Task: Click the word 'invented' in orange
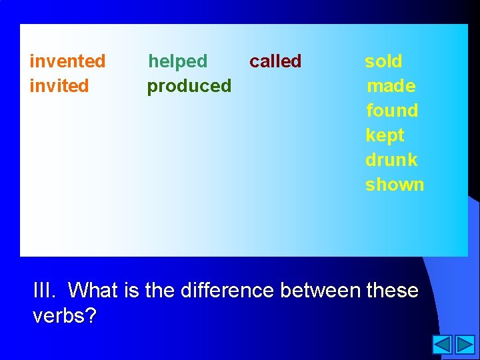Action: click(67, 61)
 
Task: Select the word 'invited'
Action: click(59, 86)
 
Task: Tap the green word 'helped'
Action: click(177, 61)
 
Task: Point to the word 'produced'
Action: click(189, 86)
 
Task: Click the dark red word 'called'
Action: click(275, 61)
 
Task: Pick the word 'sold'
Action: click(383, 61)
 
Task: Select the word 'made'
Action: click(391, 86)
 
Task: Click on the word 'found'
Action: click(392, 111)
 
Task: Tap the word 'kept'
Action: click(385, 135)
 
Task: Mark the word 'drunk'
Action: click(391, 160)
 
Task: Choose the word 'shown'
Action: click(395, 185)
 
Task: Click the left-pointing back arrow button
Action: click(442, 345)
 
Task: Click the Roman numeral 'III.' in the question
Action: click(45, 291)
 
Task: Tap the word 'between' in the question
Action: click(321, 291)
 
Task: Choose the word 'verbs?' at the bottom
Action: click(64, 315)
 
